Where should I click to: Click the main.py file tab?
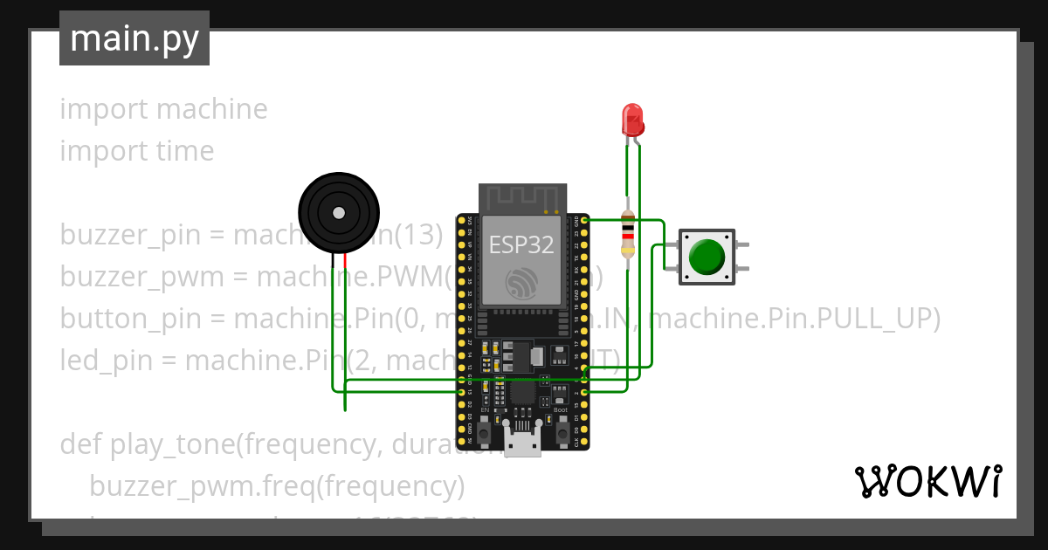[134, 38]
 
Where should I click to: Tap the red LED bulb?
[632, 120]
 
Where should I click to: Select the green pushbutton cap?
[707, 257]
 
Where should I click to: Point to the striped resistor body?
[627, 233]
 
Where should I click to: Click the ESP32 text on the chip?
[521, 245]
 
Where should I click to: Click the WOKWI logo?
[927, 481]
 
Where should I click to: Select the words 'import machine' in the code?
[163, 109]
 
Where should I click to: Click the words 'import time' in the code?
[137, 151]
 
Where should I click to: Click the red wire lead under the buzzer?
[346, 262]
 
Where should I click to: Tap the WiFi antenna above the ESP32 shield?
[523, 199]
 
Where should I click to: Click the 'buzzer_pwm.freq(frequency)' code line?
[277, 485]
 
